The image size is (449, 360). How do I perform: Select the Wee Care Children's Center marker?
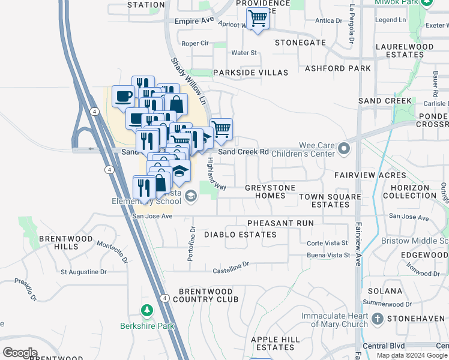point(343,148)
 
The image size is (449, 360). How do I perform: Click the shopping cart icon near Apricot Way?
point(258,19)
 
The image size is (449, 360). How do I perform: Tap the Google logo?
point(20,353)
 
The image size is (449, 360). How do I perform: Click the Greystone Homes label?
point(270,192)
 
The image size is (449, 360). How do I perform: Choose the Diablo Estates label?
point(240,235)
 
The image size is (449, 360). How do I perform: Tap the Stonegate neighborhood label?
point(300,43)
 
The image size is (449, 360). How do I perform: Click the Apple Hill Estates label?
point(273,343)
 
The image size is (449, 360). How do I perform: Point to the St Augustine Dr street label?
point(83,272)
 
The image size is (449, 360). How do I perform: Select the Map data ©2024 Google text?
point(412,355)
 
